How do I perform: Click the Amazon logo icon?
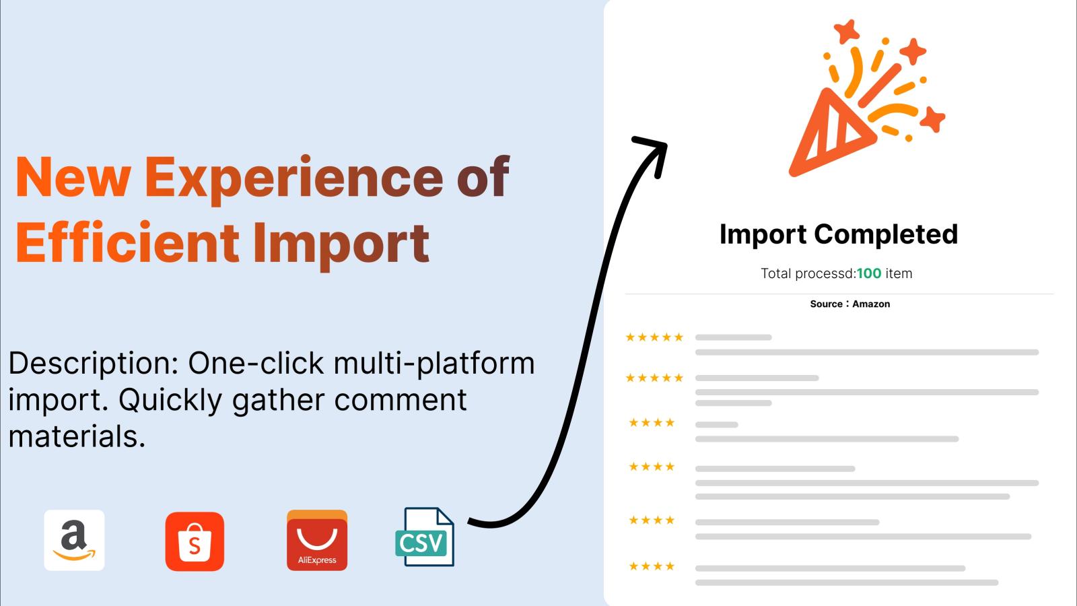point(74,540)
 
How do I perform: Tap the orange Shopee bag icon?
point(195,541)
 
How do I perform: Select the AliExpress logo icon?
point(317,540)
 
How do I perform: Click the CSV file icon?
point(425,537)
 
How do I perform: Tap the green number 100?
point(869,273)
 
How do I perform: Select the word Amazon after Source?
point(871,304)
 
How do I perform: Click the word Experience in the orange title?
point(293,178)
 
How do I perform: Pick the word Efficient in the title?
point(127,242)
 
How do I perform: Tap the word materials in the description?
point(77,437)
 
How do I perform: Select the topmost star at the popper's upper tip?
point(847,31)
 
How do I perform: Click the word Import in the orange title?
point(341,245)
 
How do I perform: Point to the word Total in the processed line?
point(775,273)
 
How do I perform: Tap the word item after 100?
point(899,273)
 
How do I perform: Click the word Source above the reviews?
point(826,304)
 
